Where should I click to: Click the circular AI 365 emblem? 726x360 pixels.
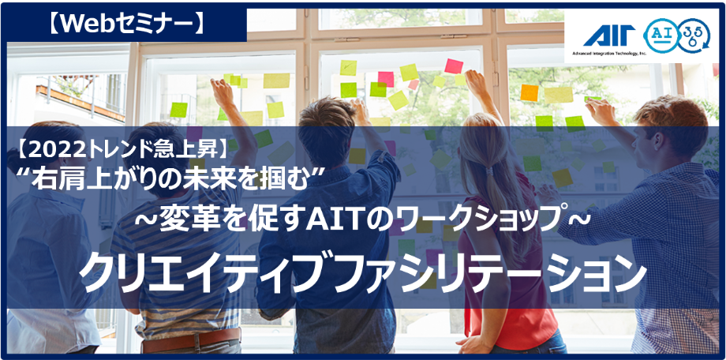pyautogui.click(x=676, y=36)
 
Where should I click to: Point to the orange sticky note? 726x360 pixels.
pyautogui.click(x=530, y=92)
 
